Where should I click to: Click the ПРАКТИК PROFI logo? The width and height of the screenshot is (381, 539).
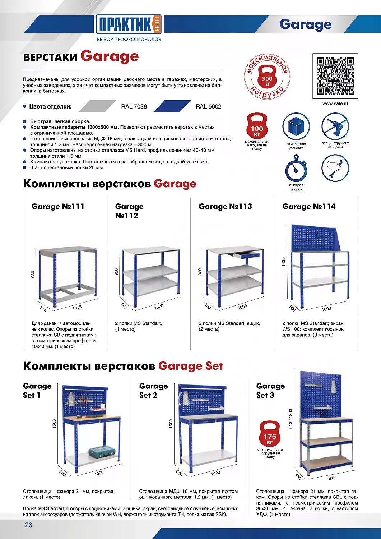pyautogui.click(x=129, y=24)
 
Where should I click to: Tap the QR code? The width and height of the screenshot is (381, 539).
pyautogui.click(x=335, y=76)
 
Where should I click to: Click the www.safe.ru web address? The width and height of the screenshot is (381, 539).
pyautogui.click(x=335, y=104)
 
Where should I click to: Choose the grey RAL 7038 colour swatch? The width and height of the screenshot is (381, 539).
pyautogui.click(x=97, y=106)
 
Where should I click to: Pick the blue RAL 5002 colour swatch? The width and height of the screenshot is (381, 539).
pyautogui.click(x=172, y=106)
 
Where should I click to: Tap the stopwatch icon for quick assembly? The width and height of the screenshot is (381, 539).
pyautogui.click(x=296, y=169)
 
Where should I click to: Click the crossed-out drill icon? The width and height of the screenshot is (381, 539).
pyautogui.click(x=335, y=126)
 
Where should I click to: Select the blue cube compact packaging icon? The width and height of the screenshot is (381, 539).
pyautogui.click(x=296, y=126)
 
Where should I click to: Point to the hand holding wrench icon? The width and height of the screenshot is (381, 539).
pyautogui.click(x=335, y=168)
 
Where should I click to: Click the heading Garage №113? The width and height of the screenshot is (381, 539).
pyautogui.click(x=225, y=207)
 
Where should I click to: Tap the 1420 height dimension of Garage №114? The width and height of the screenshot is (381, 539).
pyautogui.click(x=283, y=262)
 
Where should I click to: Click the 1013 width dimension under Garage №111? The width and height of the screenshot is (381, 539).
pyautogui.click(x=77, y=308)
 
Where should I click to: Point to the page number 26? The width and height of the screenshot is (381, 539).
pyautogui.click(x=28, y=525)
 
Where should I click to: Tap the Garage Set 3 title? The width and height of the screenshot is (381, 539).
pyautogui.click(x=270, y=391)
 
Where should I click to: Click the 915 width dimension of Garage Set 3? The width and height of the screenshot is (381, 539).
pyautogui.click(x=332, y=478)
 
